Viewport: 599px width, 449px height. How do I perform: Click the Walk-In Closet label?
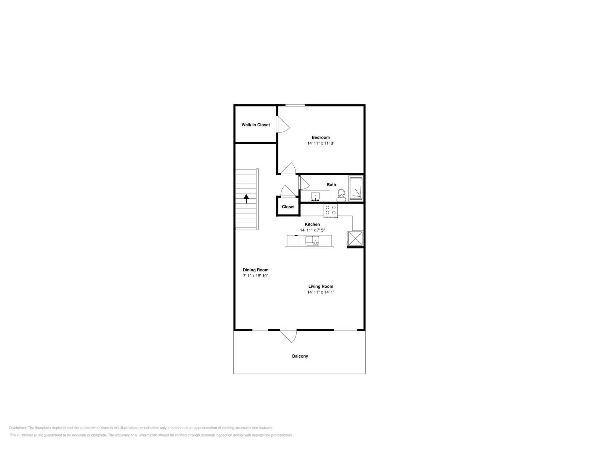256,125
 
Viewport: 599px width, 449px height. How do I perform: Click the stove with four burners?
331,210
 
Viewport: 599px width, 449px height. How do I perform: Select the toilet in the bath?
341,195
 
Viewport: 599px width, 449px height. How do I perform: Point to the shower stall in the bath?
356,188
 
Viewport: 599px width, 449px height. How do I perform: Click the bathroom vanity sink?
315,196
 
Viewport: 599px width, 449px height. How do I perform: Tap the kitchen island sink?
312,241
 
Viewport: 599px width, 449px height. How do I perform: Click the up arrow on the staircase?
246,198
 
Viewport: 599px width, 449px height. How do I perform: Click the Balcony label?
300,356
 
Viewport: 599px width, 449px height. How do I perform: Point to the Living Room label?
321,286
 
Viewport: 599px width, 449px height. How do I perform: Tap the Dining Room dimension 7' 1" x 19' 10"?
255,276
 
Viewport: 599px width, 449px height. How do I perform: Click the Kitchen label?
312,224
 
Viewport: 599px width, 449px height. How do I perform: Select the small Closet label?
288,207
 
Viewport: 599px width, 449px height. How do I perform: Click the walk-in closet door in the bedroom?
283,125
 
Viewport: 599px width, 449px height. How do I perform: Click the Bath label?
331,185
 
